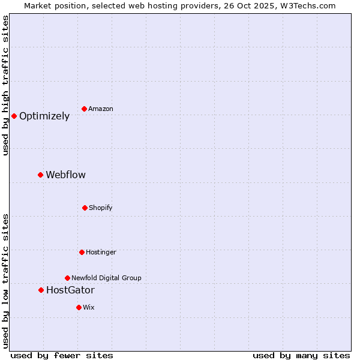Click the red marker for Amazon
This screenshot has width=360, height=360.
coord(84,109)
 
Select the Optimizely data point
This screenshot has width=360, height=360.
coord(14,116)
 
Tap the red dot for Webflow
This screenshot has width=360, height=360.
coord(40,175)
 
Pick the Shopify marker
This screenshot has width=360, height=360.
coord(85,208)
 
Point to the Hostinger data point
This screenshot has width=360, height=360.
coord(82,252)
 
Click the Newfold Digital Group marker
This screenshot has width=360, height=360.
coord(67,278)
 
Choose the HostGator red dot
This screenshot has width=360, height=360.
coord(41,290)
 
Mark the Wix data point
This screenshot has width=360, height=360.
coord(79,307)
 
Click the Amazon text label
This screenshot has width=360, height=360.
coord(101,109)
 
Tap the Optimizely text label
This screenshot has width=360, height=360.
coord(44,116)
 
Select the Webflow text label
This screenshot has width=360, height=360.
coord(65,175)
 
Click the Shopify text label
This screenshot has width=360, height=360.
coord(101,208)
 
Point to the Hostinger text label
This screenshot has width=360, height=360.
coord(101,253)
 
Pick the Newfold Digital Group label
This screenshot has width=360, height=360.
coord(106,278)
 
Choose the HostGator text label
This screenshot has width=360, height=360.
coord(70,290)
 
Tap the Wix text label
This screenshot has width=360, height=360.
coord(89,308)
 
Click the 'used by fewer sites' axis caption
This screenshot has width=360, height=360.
coord(62,355)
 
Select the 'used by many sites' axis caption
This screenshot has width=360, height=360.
coord(301,355)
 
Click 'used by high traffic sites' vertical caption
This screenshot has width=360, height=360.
coord(5,86)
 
